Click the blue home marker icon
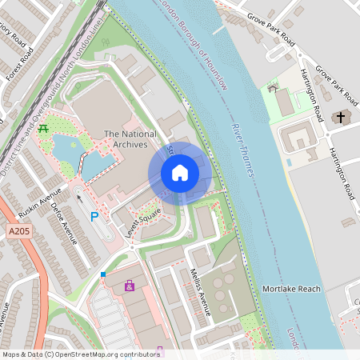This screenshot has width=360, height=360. tap(180, 173)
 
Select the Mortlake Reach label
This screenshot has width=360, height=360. tap(292, 289)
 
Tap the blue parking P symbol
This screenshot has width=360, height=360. tap(94, 217)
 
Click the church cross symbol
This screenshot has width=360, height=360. tap(341, 118)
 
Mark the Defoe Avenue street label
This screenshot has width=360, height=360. tap(66, 229)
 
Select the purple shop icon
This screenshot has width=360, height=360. tap(129, 285)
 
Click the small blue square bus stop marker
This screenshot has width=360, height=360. tap(103, 274)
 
